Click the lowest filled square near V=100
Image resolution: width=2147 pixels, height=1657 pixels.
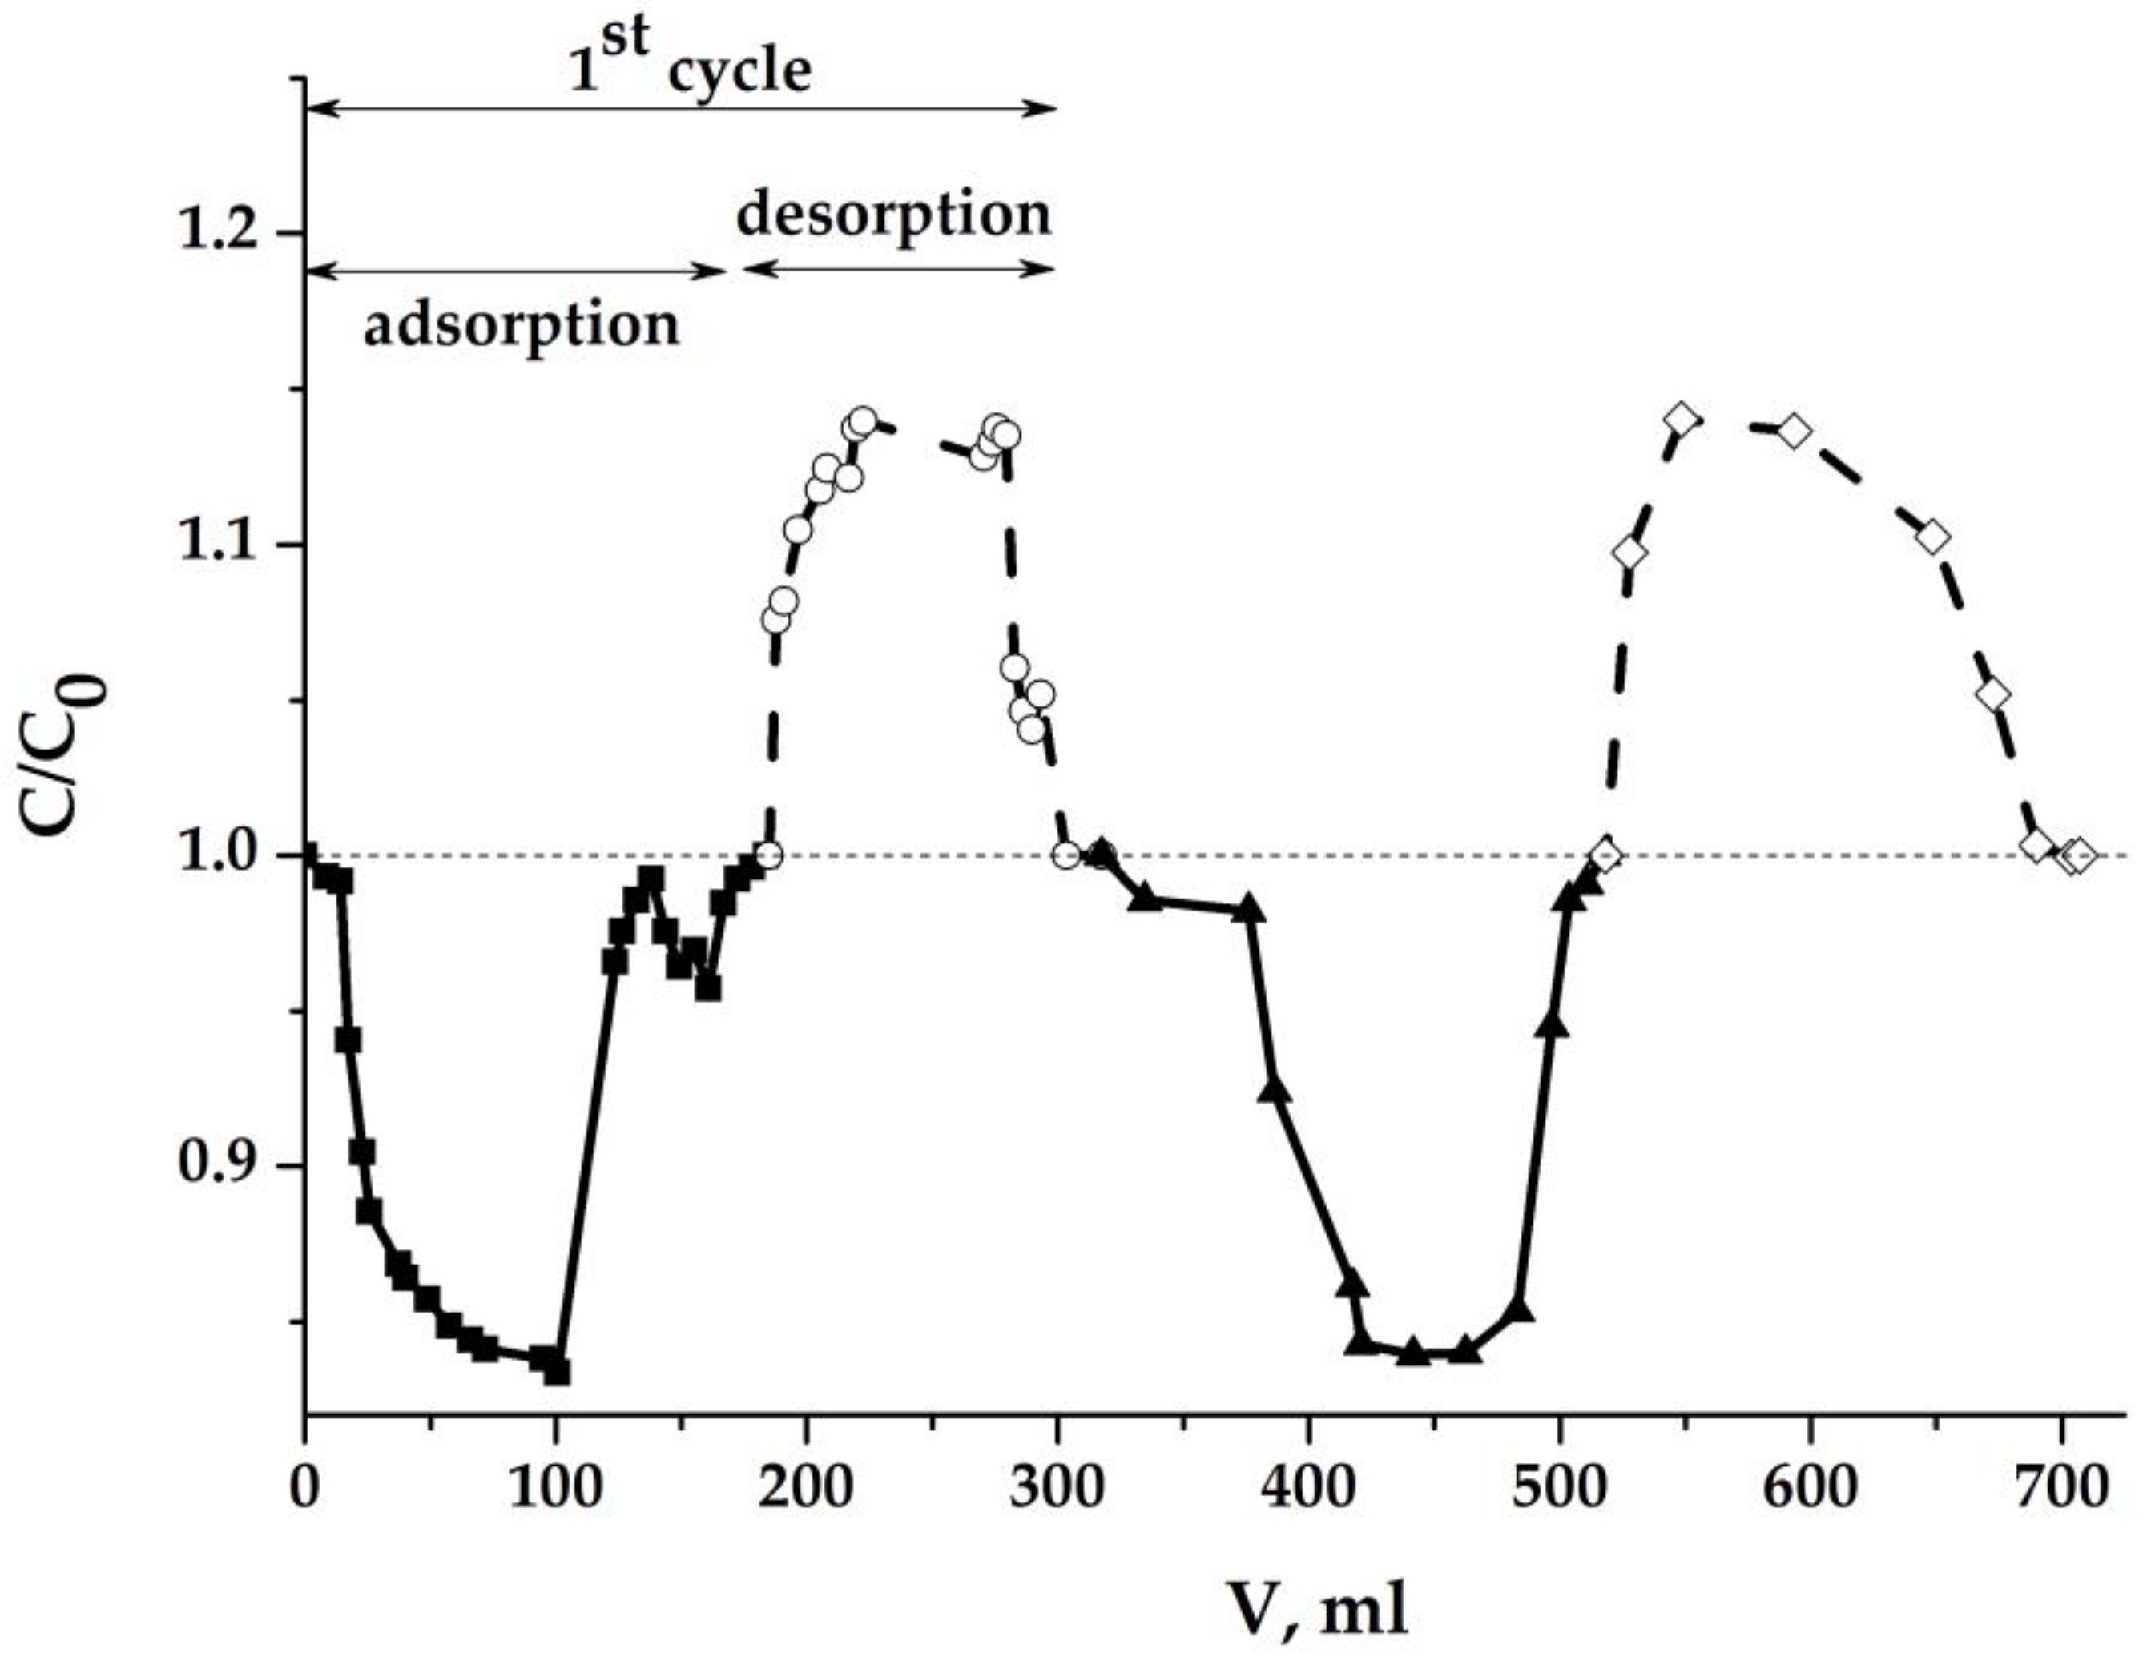tap(558, 1371)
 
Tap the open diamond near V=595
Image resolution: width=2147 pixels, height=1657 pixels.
tap(1794, 430)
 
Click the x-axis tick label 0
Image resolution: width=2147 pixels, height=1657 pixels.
tap(304, 1489)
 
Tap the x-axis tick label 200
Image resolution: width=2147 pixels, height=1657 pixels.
tap(806, 1489)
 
